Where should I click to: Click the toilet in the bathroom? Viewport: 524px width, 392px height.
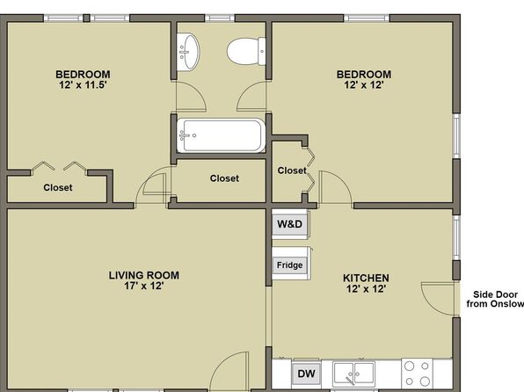[x=246, y=52]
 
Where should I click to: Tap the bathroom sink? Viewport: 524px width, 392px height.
[x=188, y=52]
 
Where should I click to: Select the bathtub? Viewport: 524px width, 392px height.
[x=221, y=135]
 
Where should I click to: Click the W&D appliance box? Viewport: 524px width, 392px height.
[x=290, y=224]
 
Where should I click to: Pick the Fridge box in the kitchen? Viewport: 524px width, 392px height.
[x=290, y=265]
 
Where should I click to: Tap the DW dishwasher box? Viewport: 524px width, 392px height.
[x=306, y=374]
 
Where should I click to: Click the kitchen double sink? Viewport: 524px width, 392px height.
[x=354, y=374]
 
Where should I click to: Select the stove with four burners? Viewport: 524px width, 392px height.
[x=417, y=374]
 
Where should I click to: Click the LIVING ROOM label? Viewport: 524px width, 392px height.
[x=144, y=275]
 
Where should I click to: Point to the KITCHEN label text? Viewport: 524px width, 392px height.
[x=366, y=278]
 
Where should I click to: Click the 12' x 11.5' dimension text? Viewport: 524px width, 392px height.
[x=83, y=84]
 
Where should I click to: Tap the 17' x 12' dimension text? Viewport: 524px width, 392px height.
[x=144, y=286]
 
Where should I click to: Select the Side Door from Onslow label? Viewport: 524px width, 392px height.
[x=495, y=299]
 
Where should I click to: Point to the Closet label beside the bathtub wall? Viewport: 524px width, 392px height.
[x=224, y=178]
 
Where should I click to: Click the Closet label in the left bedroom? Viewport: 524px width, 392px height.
[x=58, y=187]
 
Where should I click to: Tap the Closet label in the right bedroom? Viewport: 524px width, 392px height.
[x=292, y=171]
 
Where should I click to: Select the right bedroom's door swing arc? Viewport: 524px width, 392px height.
[x=341, y=181]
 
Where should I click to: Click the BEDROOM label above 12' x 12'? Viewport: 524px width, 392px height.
[x=364, y=74]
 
